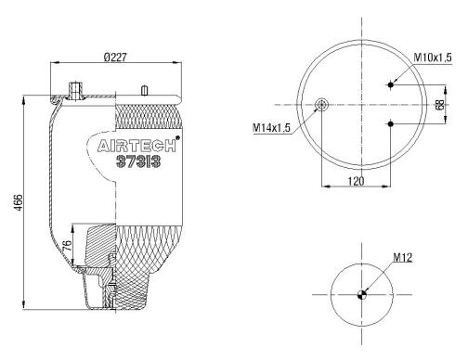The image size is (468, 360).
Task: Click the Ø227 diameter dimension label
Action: pos(115,58)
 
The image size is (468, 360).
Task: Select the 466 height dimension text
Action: pos(19,203)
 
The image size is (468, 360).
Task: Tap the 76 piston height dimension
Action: pos(67,245)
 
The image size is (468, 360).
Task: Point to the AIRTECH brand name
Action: pos(136,146)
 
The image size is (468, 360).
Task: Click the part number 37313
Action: pos(138,161)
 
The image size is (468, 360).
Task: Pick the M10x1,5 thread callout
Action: pos(433,58)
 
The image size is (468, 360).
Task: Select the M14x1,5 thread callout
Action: pos(271,127)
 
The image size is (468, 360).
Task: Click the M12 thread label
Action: pos(403,257)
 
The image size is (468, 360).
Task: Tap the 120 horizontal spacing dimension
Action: pos(356,181)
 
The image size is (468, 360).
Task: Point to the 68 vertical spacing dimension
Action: pos(439,104)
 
